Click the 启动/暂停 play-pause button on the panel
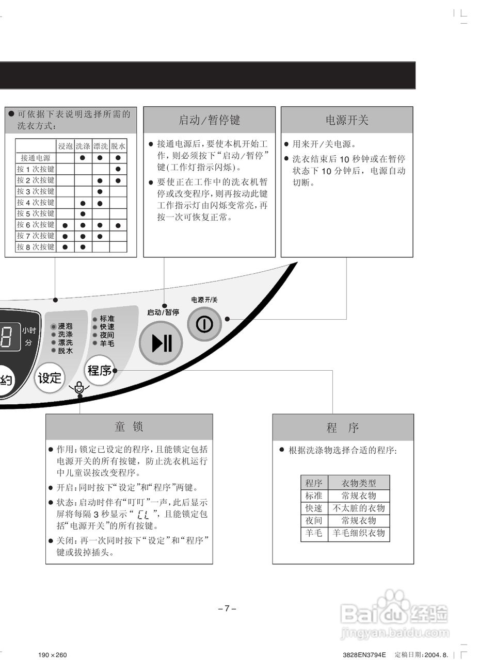[161, 342]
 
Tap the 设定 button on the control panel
[50, 378]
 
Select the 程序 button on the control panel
[100, 370]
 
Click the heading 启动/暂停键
[209, 120]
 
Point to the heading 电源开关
[347, 120]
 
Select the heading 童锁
[129, 427]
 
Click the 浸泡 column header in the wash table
[66, 146]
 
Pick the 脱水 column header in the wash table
[118, 146]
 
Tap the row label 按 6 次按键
[36, 225]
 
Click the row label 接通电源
[36, 158]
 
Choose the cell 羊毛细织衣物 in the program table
[359, 533]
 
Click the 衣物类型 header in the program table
[359, 483]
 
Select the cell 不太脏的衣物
[359, 508]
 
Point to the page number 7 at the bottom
[227, 608]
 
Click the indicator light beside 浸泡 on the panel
[53, 326]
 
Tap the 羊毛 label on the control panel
[107, 343]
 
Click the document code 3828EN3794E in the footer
[364, 655]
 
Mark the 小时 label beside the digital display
[29, 331]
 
